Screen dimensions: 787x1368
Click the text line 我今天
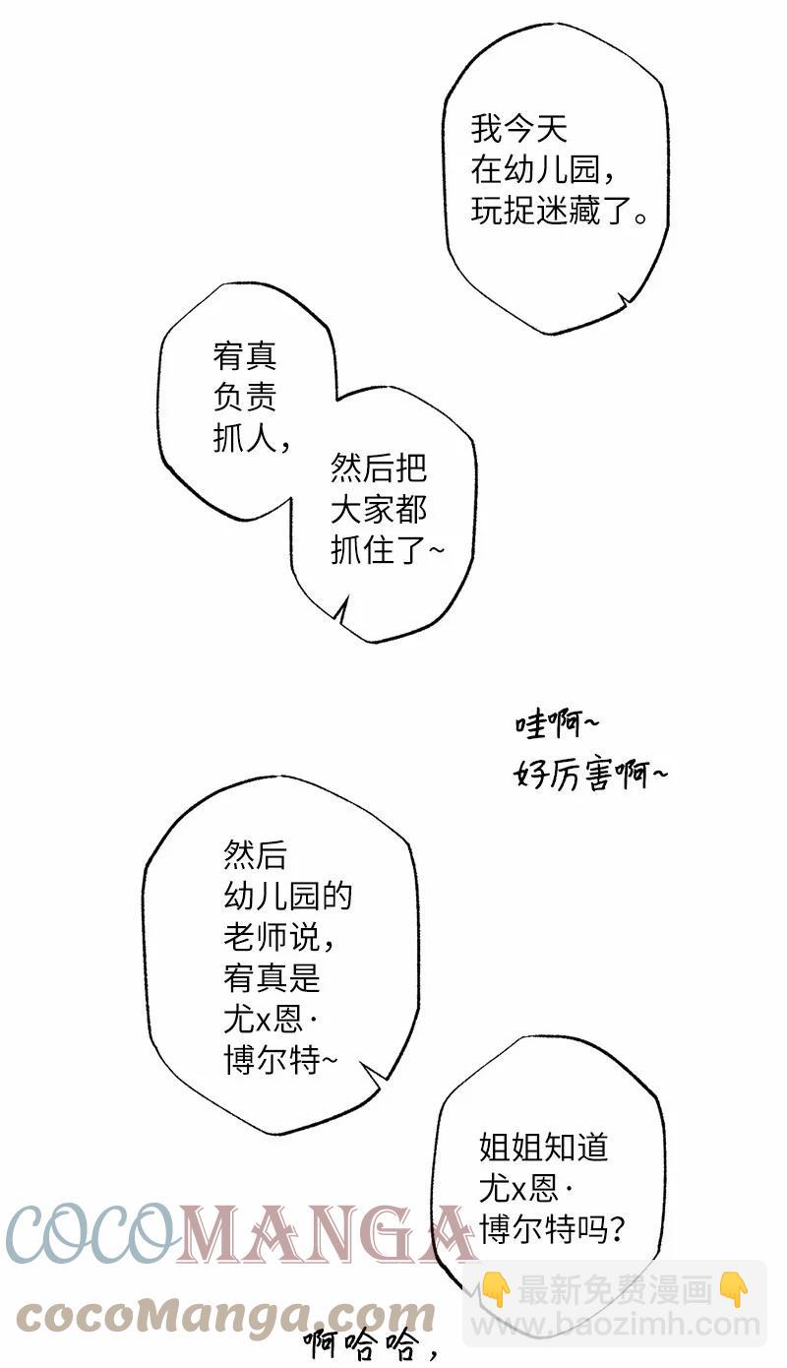pyautogui.click(x=519, y=130)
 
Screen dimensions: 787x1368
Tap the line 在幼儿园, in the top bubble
pyautogui.click(x=542, y=170)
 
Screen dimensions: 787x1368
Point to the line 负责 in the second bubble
pyautogui.click(x=245, y=397)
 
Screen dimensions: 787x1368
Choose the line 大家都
pyautogui.click(x=379, y=510)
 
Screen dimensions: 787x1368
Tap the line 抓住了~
pyautogui.click(x=387, y=550)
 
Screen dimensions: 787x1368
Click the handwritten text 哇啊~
pyautogui.click(x=557, y=725)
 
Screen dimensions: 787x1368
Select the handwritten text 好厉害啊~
pyautogui.click(x=590, y=775)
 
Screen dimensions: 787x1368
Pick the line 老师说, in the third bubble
pyautogui.click(x=279, y=937)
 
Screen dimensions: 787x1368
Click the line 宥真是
pyautogui.click(x=272, y=977)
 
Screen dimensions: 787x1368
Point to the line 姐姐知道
pyautogui.click(x=543, y=1147)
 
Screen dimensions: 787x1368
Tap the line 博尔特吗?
pyautogui.click(x=551, y=1229)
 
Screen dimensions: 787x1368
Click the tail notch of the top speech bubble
pyautogui.click(x=624, y=300)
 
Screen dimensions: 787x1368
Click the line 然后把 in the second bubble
pyautogui.click(x=379, y=468)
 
